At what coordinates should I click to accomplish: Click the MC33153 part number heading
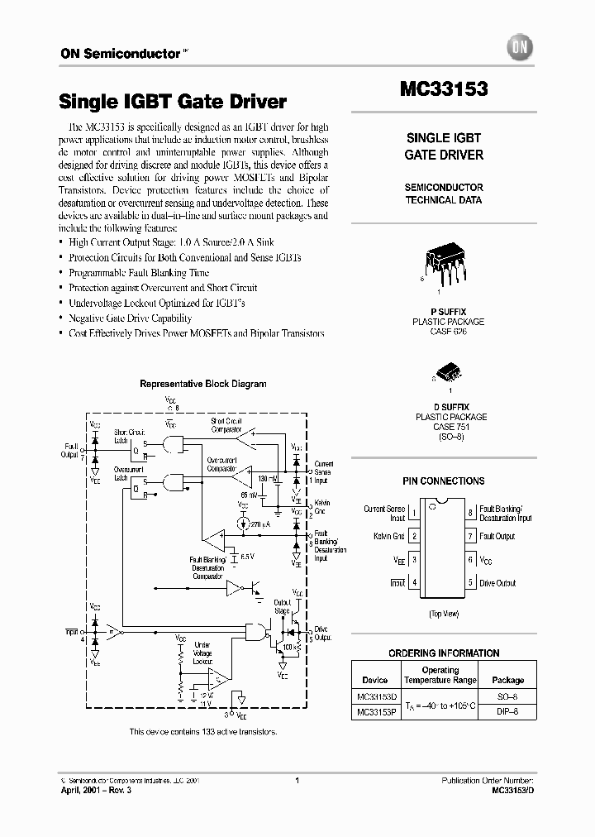point(443,88)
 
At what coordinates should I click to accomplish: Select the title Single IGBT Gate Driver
point(172,103)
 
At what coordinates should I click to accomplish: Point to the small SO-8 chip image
point(444,373)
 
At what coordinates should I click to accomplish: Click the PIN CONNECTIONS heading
point(444,481)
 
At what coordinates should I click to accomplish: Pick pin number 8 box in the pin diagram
point(469,513)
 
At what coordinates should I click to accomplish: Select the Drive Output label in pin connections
point(497,583)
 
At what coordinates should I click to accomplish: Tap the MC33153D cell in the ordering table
point(375,699)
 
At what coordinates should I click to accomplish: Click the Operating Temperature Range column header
point(440,675)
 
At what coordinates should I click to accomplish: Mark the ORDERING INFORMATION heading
point(444,653)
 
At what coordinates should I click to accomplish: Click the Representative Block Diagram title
point(203,384)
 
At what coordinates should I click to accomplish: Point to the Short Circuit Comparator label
point(226,424)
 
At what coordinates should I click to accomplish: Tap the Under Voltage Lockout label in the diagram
point(202,653)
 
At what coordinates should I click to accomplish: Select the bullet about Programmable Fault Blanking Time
point(139,273)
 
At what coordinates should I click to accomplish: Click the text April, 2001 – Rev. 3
point(96,791)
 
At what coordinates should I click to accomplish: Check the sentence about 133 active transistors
point(203,732)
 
